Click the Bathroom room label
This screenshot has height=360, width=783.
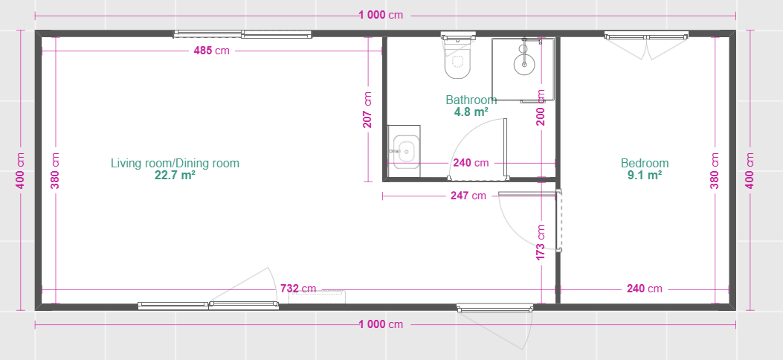coord(471,100)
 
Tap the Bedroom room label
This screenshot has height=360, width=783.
coord(645,164)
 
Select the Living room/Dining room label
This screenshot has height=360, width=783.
coord(175,164)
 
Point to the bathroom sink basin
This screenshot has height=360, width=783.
coord(405,150)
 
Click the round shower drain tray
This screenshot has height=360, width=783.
coord(523,64)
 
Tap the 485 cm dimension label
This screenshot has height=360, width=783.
coord(212,51)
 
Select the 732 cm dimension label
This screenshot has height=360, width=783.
coord(298,289)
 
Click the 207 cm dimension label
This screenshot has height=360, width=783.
coord(367,110)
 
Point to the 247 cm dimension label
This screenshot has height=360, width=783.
coord(468,196)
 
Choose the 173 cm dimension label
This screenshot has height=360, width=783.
coord(541,242)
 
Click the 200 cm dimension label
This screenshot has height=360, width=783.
coord(541,107)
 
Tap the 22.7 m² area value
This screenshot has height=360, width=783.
coord(175,175)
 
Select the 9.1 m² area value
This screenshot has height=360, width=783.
coord(645,175)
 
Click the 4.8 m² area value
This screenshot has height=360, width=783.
coord(471,112)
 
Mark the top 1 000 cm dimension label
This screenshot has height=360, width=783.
coord(381,15)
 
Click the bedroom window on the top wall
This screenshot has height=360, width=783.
coord(647,36)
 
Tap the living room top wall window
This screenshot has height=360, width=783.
coord(242,34)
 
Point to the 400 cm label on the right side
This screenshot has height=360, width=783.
coord(750,170)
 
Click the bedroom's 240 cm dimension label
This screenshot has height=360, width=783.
coord(645,289)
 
